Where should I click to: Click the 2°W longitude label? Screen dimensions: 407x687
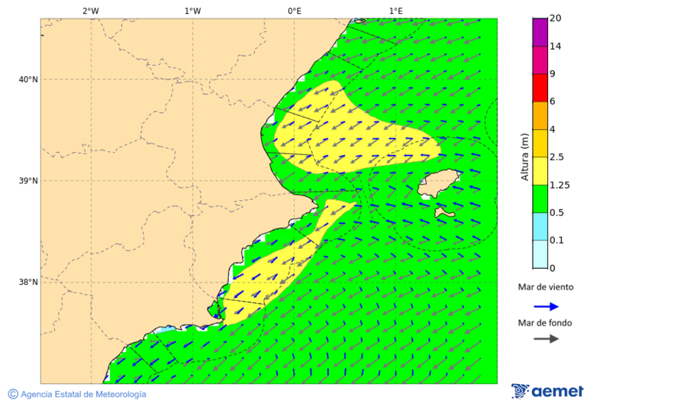(x=90, y=11)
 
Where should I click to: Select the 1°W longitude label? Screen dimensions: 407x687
(x=192, y=11)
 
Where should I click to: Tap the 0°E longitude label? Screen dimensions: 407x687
(x=294, y=11)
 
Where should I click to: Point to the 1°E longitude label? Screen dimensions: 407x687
(x=395, y=11)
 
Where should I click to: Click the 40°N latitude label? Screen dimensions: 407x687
(x=27, y=79)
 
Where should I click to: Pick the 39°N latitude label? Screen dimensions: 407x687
(x=27, y=181)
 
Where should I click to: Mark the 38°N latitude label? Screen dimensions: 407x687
(x=27, y=283)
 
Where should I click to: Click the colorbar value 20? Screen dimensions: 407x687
(x=556, y=18)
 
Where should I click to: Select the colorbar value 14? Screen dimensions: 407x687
(x=556, y=47)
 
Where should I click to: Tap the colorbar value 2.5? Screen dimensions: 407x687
(x=557, y=157)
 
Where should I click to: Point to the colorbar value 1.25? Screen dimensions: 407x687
(x=560, y=185)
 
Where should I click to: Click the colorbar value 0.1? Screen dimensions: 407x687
(x=557, y=241)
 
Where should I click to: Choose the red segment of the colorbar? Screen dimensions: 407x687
(x=540, y=88)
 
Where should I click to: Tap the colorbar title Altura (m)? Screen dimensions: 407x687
(x=524, y=157)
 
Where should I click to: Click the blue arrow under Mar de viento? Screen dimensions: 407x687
(x=546, y=307)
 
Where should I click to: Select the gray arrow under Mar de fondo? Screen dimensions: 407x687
(x=546, y=339)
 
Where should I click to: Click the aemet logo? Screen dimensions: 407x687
(x=547, y=391)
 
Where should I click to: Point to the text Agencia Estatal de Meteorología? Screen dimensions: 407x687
(x=82, y=394)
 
